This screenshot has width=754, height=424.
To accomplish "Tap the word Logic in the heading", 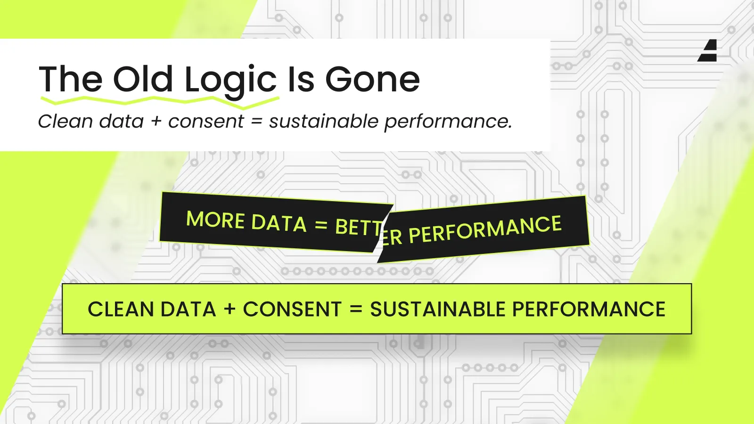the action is [x=230, y=82].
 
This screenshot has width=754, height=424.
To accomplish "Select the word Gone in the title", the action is [x=373, y=80].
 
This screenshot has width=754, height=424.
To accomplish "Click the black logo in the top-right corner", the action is [x=707, y=50].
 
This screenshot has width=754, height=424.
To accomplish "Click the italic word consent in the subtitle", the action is [x=206, y=122].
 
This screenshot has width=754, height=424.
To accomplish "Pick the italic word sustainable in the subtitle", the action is [x=324, y=121].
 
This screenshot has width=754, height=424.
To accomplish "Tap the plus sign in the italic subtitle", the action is [x=156, y=122].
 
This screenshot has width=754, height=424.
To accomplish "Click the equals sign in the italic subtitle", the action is [x=256, y=122].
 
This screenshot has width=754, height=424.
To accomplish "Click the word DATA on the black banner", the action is [x=279, y=223].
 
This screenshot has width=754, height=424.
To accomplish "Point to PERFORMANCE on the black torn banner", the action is [x=485, y=230].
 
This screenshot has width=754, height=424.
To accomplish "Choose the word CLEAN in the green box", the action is [x=121, y=309].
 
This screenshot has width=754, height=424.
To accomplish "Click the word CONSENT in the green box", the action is [x=292, y=309].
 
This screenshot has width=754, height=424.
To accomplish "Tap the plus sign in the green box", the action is [x=229, y=309].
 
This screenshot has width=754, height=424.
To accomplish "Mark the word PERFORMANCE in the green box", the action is [x=589, y=309].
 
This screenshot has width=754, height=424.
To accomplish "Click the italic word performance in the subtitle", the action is [x=448, y=122].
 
